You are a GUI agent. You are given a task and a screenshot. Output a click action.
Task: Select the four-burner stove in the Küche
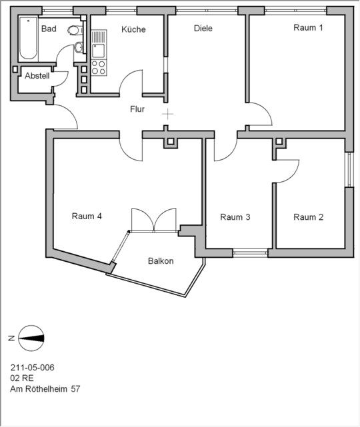pos(98,67)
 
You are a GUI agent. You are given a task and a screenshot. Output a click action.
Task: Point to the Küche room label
pos(133,29)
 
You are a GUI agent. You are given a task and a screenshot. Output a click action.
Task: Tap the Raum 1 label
pos(308,27)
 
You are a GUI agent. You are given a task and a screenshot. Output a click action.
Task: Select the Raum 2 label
pos(308,217)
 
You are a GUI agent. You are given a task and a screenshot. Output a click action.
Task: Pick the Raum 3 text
pos(235,217)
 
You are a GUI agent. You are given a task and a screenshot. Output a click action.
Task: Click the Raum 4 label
pos(87,216)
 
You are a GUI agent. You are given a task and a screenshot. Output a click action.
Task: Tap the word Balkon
pos(161,261)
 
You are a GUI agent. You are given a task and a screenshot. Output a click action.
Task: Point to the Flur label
pos(138,109)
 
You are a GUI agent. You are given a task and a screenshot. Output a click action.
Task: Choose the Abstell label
pos(37,76)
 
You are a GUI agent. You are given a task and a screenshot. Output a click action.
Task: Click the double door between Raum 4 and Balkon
pos(153,220)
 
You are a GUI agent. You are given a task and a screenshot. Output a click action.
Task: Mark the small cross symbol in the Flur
pos(167,115)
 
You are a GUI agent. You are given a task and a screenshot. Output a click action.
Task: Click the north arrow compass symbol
pos(31,338)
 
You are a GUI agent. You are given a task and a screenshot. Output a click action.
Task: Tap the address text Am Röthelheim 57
pos(45,389)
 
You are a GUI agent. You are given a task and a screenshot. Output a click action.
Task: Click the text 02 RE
pos(21,378)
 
